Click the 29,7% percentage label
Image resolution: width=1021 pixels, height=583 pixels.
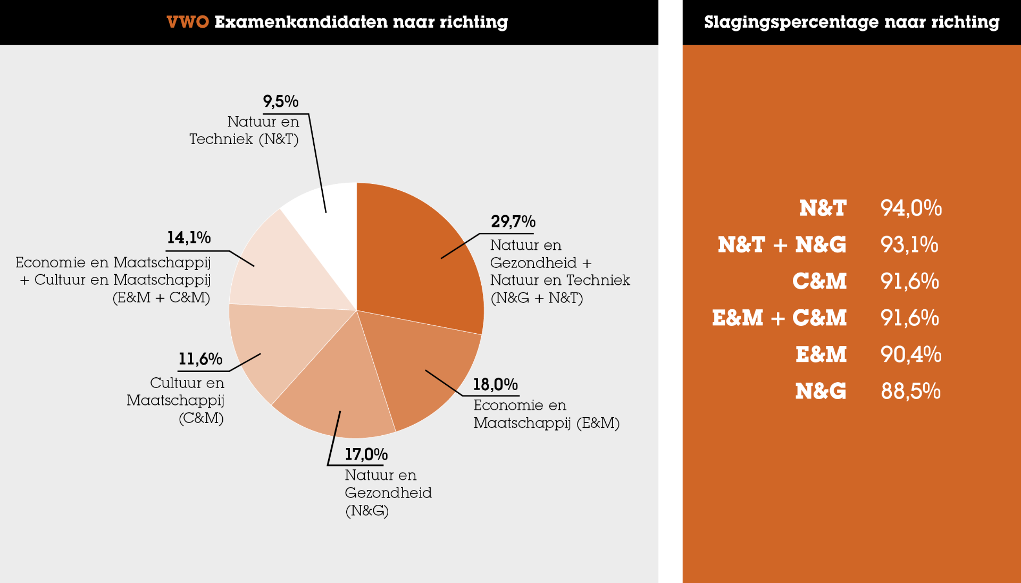coord(513,222)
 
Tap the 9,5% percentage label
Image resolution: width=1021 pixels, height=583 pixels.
coord(280,101)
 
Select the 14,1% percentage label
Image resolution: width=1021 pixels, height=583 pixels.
coord(189,238)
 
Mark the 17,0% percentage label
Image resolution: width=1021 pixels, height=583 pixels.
coord(366,454)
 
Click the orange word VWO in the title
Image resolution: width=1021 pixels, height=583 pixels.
coord(187,22)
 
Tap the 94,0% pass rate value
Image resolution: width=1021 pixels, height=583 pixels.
coord(911,208)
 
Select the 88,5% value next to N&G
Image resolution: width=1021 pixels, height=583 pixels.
coord(910,391)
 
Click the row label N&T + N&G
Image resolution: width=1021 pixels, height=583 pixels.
coord(781,244)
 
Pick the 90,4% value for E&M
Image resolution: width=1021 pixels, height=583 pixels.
coord(910,354)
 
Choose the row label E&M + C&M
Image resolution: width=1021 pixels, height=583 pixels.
coord(779,318)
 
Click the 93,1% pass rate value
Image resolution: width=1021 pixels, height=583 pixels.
coord(909,244)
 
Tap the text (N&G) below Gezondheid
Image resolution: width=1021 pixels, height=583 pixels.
coord(367,511)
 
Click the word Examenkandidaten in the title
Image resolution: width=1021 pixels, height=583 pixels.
coord(301,22)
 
